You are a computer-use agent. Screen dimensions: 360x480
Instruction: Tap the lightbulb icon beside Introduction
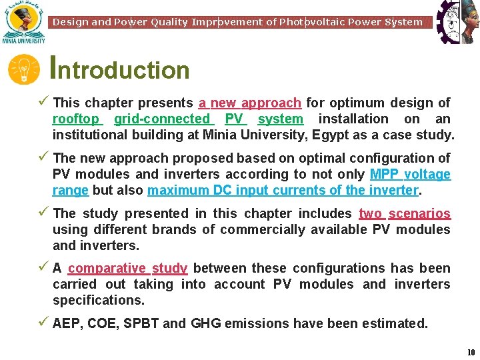pyautogui.click(x=24, y=70)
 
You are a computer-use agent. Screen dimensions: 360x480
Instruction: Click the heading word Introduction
pyautogui.click(x=121, y=69)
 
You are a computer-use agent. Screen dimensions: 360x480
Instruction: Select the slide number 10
pyautogui.click(x=471, y=352)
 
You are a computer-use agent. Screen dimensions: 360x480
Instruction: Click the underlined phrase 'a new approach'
pyautogui.click(x=250, y=103)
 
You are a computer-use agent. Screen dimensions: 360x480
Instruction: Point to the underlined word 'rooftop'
pyautogui.click(x=76, y=119)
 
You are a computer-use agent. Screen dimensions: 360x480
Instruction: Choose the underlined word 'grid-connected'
pyautogui.click(x=162, y=119)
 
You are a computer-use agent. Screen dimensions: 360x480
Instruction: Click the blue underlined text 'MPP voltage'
pyautogui.click(x=410, y=175)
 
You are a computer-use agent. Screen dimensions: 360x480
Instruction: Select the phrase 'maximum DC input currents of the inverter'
pyautogui.click(x=283, y=191)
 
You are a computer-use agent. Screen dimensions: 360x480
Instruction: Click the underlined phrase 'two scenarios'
pyautogui.click(x=404, y=214)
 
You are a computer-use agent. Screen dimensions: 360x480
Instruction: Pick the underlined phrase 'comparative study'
pyautogui.click(x=127, y=269)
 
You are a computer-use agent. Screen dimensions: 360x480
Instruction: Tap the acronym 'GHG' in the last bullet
pyautogui.click(x=205, y=324)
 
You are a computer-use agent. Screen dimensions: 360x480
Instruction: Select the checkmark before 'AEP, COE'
pyautogui.click(x=43, y=323)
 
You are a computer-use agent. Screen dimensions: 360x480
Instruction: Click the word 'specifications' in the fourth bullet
pyautogui.click(x=98, y=301)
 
